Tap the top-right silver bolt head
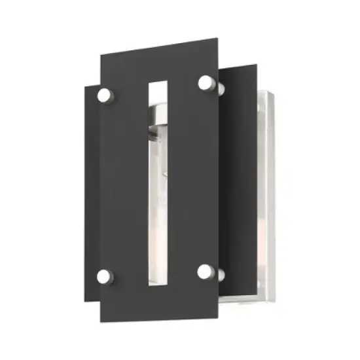click(x=206, y=82)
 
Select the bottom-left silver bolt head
click(x=104, y=274)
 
